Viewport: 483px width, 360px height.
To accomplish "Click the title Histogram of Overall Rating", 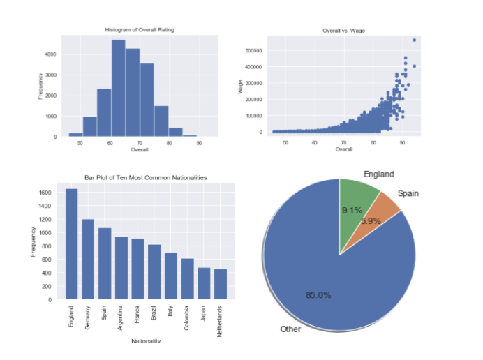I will click(x=140, y=31).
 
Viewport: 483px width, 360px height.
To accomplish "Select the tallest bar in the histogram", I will click(x=118, y=88).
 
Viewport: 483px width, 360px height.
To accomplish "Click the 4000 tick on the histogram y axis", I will click(x=52, y=54).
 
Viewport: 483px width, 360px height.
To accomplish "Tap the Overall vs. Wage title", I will click(x=343, y=31).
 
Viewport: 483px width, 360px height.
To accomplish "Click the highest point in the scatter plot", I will click(x=414, y=40).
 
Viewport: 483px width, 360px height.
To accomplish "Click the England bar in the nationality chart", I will click(x=71, y=244).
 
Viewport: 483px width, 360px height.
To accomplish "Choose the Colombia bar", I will click(x=187, y=279).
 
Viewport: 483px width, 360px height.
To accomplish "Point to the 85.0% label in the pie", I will click(x=318, y=294).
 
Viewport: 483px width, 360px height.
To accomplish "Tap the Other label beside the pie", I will click(x=290, y=329).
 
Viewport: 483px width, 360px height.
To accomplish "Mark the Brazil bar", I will click(x=154, y=272).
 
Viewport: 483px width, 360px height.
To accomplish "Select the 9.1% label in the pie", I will click(x=352, y=209).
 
